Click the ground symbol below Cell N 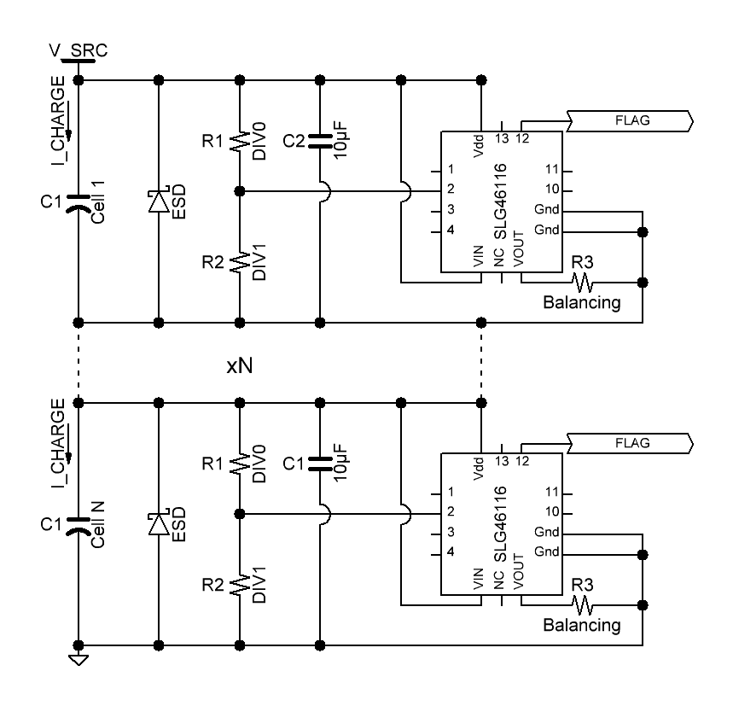(79, 659)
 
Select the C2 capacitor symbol (320, 142)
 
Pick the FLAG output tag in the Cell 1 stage (631, 120)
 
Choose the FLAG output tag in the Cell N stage (631, 443)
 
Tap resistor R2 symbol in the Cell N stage (240, 585)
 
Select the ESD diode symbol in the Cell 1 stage (159, 201)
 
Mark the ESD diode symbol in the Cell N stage (159, 523)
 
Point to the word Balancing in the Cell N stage (582, 625)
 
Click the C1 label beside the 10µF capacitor (293, 463)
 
